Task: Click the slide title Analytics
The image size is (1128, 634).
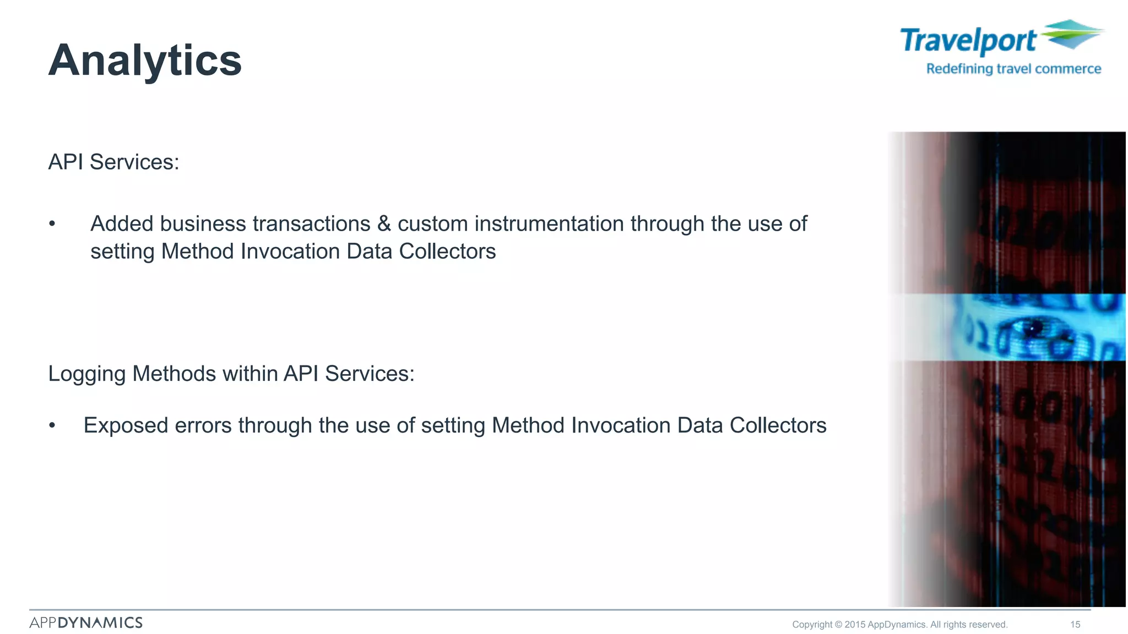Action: [145, 61]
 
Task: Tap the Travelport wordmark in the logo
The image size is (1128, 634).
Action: [968, 41]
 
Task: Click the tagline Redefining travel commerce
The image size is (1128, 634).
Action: [1013, 69]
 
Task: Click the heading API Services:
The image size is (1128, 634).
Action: [113, 162]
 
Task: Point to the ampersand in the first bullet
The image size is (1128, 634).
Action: [384, 224]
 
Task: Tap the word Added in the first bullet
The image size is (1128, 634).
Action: [122, 224]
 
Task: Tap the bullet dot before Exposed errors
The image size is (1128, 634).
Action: [52, 425]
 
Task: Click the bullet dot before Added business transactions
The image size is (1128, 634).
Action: [52, 224]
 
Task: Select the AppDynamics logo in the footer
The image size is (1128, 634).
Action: [86, 622]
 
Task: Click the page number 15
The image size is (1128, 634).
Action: [1075, 625]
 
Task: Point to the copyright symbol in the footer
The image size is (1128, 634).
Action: [838, 625]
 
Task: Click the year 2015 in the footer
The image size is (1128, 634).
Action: [855, 625]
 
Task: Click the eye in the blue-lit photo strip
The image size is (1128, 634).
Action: [1033, 329]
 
